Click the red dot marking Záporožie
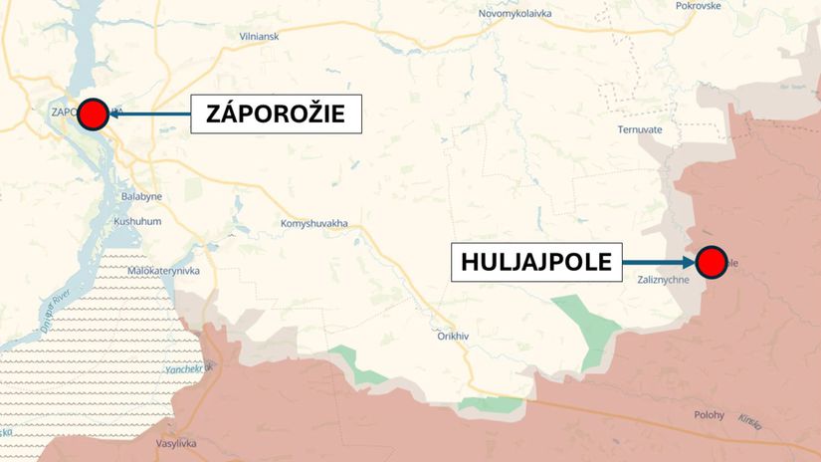(x=93, y=115)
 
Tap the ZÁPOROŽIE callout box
(x=275, y=115)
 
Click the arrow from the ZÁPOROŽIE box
(x=149, y=115)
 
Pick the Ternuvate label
(x=639, y=129)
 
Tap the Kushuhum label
(x=137, y=221)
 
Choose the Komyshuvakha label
(x=314, y=223)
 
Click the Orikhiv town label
(x=453, y=336)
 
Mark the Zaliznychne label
(x=664, y=282)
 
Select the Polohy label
(x=711, y=415)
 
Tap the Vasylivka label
(x=177, y=443)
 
